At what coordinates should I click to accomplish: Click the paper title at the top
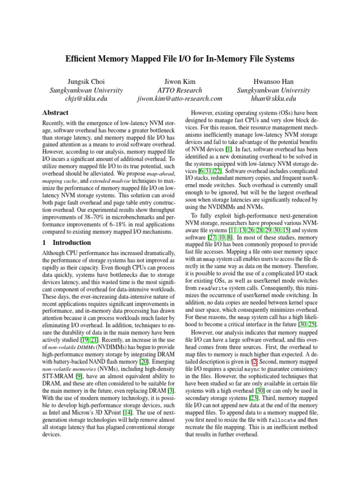tap(180, 59)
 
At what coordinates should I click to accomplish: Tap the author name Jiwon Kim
tap(180, 81)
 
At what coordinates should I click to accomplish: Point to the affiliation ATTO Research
tap(180, 90)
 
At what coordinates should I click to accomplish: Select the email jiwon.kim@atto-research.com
tap(180, 99)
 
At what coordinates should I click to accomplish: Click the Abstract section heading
tap(55, 113)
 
